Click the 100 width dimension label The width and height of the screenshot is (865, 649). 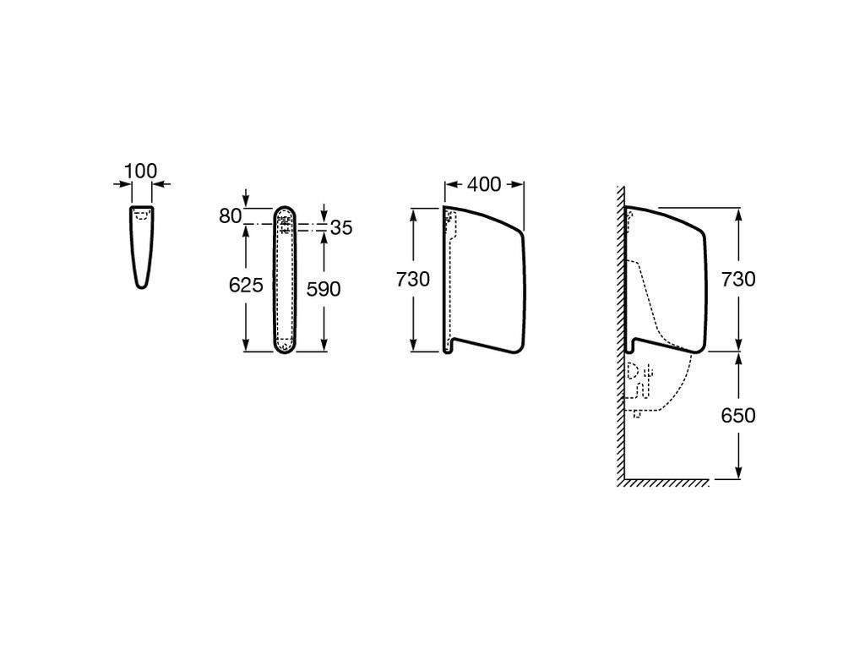tap(141, 171)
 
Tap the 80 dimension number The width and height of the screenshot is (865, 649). tap(230, 216)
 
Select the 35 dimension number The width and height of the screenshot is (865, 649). tap(341, 228)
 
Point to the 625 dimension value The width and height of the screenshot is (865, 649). tap(246, 286)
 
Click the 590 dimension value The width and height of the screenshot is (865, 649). tap(324, 289)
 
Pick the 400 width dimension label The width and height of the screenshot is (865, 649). tap(484, 184)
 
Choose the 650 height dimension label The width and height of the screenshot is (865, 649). tap(738, 415)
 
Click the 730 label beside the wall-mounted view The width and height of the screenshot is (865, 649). tap(738, 279)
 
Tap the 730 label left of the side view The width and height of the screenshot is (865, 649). tap(412, 279)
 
